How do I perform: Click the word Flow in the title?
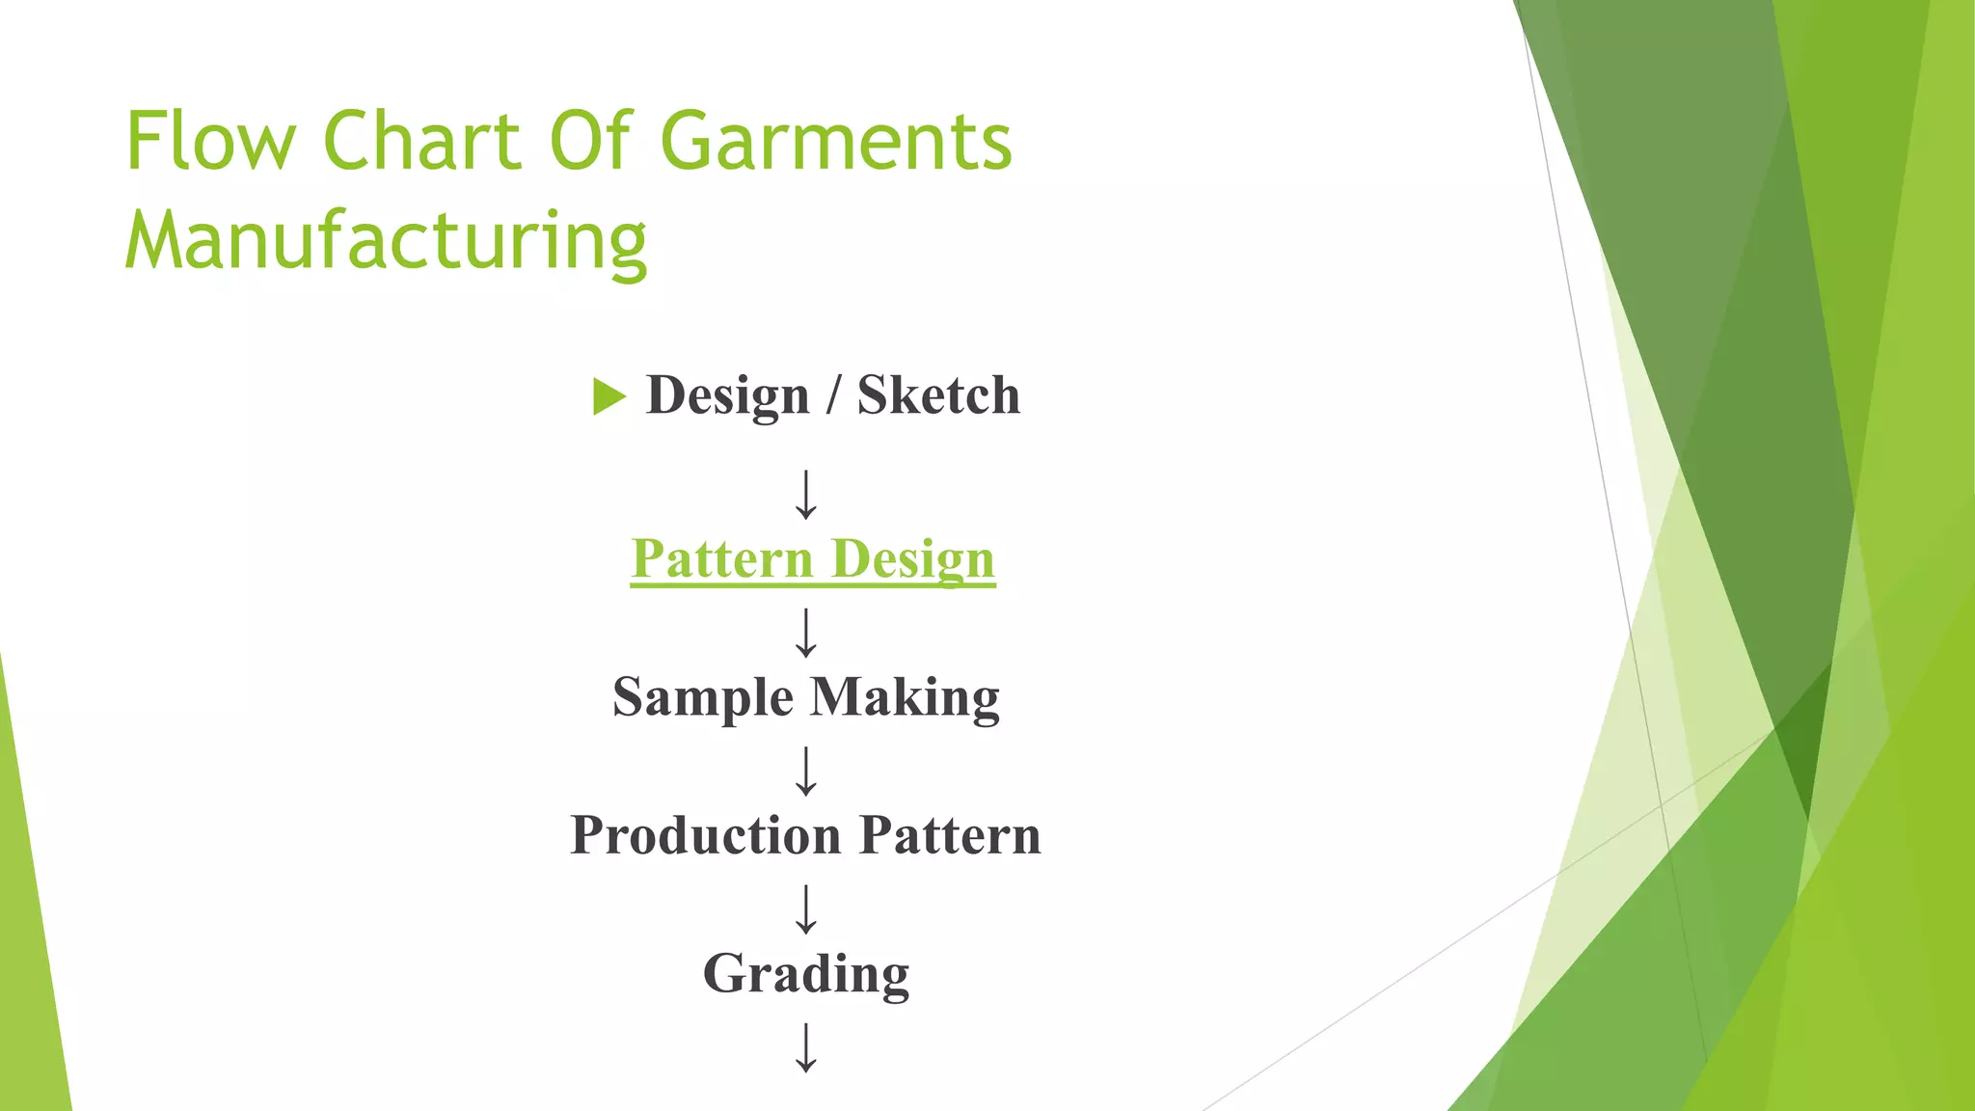(210, 141)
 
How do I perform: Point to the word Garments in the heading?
(836, 141)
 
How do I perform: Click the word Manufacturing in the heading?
(386, 241)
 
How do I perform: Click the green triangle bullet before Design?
(609, 396)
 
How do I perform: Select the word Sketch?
(938, 395)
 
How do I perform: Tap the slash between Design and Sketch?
(833, 395)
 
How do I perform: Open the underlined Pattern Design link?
(813, 559)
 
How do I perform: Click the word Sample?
(703, 697)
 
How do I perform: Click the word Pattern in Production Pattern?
(950, 835)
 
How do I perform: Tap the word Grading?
(806, 974)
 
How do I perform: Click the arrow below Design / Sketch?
(806, 495)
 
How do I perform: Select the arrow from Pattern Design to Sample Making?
(806, 633)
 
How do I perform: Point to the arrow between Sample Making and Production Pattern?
(806, 771)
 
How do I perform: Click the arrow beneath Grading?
(806, 1048)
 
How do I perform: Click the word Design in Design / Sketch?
(727, 395)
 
